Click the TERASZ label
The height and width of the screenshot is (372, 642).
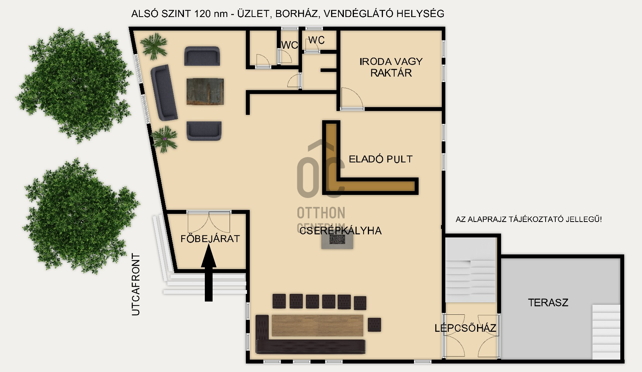click(548, 302)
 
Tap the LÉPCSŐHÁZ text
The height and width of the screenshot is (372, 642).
click(465, 328)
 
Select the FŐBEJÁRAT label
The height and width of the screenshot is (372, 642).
click(210, 238)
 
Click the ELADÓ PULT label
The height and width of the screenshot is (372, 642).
click(381, 159)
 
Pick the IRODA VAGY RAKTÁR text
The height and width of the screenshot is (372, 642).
click(391, 67)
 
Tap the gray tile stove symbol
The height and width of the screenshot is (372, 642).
click(337, 239)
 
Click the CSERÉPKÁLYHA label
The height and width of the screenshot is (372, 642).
click(340, 230)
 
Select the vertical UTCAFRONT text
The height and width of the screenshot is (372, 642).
click(136, 285)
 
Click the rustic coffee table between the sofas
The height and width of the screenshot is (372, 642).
click(205, 92)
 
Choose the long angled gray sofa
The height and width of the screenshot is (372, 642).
click(164, 92)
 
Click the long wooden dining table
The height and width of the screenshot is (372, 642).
click(318, 325)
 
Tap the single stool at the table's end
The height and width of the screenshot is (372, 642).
click(374, 325)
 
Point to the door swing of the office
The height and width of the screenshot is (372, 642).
click(352, 98)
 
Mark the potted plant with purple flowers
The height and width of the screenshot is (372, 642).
click(164, 139)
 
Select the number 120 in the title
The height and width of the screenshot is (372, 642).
click(203, 14)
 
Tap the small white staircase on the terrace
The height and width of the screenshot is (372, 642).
click(606, 332)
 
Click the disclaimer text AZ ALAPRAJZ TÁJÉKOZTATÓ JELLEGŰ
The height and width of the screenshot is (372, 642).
click(529, 220)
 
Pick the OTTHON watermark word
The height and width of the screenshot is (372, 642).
click(321, 213)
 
